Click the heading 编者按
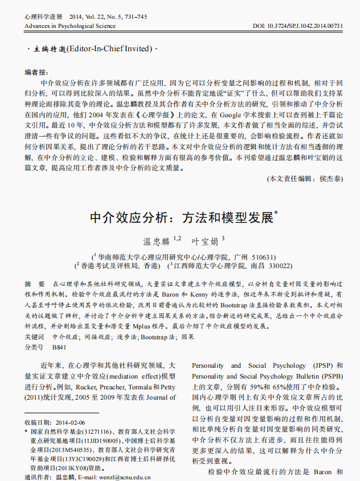[x=36, y=72]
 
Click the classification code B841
[x=59, y=347]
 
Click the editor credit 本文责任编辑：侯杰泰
[x=305, y=178]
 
